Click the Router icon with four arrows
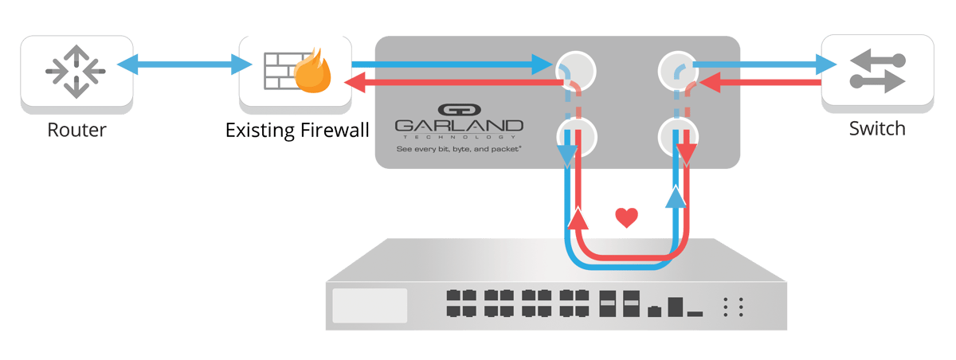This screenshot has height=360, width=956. pos(76,71)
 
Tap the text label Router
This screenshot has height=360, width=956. pos(76,129)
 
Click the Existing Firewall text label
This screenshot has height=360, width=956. pos(297,129)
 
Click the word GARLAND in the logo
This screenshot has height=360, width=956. pos(459,127)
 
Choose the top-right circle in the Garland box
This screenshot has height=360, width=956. pos(678,70)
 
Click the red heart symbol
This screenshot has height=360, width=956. pos(627,217)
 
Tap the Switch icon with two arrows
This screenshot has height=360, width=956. pos(876,71)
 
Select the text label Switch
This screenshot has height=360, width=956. pos(876,129)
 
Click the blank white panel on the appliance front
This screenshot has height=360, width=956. pos(370,306)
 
